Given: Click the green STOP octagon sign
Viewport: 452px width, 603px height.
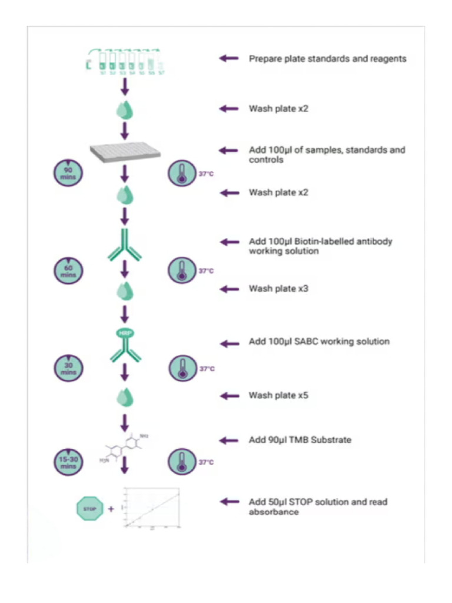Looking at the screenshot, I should pos(89,508).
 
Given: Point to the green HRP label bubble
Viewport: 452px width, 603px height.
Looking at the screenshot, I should pos(124,333).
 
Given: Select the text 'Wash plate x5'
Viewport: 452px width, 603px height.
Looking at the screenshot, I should pos(278,395).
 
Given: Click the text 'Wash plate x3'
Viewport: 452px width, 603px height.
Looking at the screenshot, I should pos(278,289).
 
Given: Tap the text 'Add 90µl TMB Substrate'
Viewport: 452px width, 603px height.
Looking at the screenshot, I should pos(300,440).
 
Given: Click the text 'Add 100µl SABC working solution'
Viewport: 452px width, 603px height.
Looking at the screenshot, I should pos(319,342).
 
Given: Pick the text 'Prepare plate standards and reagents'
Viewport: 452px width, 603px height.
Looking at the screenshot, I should pos(327,58).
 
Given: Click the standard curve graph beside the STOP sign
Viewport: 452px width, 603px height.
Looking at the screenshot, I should pos(152,508).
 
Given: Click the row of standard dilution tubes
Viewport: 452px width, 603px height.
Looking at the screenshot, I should pos(125,61).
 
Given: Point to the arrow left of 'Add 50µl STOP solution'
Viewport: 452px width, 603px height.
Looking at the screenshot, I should pos(229,502).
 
